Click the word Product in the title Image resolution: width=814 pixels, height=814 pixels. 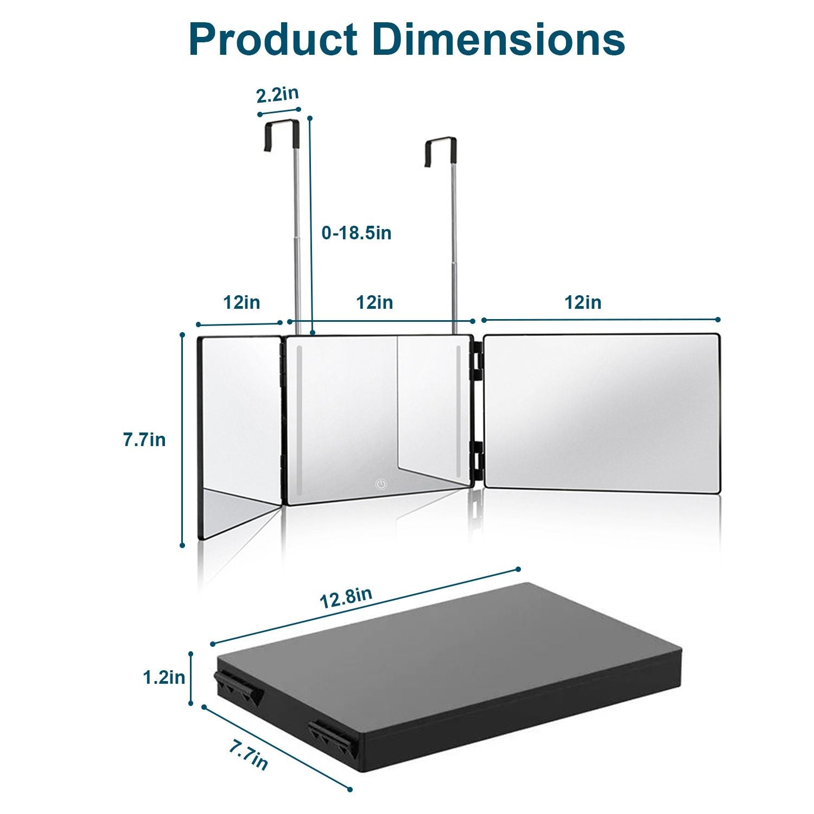(273, 39)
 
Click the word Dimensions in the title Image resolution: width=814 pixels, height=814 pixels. (500, 39)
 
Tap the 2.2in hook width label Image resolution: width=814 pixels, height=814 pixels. (277, 94)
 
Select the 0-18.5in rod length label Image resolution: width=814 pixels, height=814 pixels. (357, 233)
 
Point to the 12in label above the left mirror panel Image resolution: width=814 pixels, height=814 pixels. (241, 302)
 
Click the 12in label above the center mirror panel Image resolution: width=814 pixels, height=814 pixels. (374, 302)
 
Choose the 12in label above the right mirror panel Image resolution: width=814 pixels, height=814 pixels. (583, 302)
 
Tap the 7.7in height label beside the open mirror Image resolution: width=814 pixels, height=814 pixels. (144, 439)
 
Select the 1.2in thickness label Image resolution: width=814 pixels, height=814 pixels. (164, 677)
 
